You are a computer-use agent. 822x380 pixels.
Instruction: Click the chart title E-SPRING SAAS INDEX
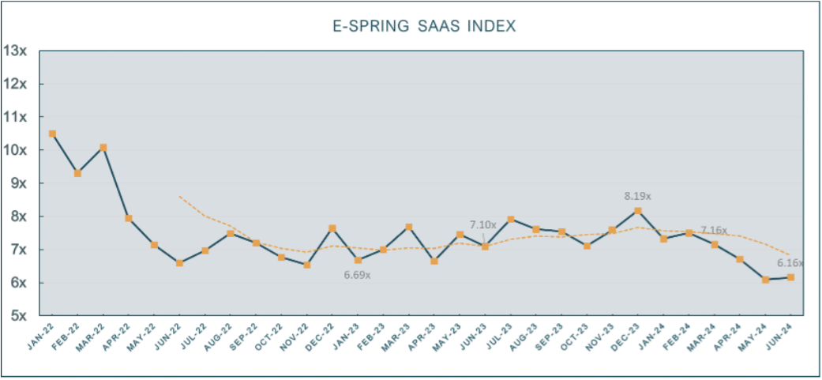(423, 26)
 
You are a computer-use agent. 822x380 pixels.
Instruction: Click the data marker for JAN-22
(52, 134)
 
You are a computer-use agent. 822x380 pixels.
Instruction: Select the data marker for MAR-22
(103, 148)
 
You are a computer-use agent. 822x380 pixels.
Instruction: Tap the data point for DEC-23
(638, 211)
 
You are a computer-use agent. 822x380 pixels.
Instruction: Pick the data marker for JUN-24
(790, 277)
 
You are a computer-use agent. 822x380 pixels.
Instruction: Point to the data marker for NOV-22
(306, 265)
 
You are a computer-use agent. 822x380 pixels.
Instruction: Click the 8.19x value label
(639, 195)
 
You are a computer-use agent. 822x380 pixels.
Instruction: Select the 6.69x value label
(357, 276)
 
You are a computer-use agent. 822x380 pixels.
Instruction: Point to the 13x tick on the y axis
(15, 51)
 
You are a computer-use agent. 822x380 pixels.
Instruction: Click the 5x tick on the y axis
(17, 316)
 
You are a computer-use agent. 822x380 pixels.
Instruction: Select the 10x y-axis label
(15, 150)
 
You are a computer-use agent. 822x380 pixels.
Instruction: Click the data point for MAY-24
(765, 280)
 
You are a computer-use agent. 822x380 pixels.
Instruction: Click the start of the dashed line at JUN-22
(180, 196)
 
